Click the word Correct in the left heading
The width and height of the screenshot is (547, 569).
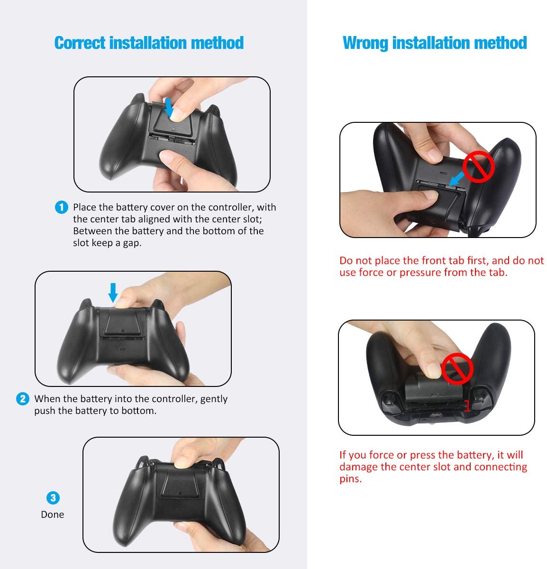click(80, 43)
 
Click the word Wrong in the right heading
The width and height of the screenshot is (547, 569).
click(365, 43)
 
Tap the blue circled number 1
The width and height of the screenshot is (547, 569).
click(62, 207)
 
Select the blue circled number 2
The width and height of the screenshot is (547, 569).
click(22, 399)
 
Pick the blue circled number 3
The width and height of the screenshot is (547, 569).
click(53, 498)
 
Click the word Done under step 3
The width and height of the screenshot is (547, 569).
click(52, 514)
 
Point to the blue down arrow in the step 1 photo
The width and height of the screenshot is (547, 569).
click(169, 108)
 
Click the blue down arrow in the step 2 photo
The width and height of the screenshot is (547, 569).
click(113, 293)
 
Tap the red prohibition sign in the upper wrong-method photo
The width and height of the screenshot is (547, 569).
click(478, 167)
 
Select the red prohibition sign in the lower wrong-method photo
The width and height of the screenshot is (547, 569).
click(457, 368)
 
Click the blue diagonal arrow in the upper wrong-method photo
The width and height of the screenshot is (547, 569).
click(456, 179)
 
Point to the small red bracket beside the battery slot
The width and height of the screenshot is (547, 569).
click(467, 406)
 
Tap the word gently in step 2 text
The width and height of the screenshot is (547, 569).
click(214, 399)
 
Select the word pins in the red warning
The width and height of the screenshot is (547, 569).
click(350, 479)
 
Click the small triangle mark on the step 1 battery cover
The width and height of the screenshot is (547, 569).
click(173, 128)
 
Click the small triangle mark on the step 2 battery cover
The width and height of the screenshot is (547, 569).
click(122, 330)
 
